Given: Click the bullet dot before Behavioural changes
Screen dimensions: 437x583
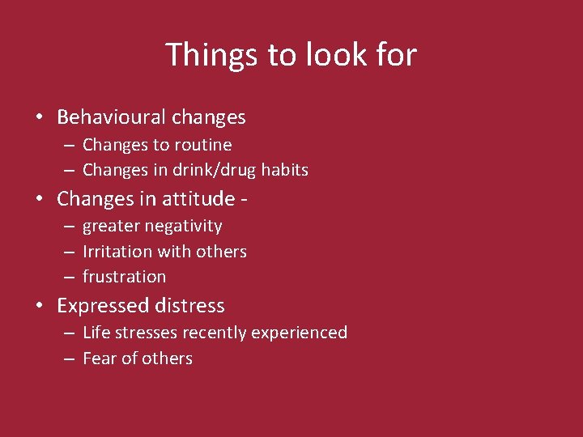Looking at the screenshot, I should coord(39,117).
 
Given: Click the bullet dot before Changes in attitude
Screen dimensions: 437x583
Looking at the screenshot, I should coord(39,198).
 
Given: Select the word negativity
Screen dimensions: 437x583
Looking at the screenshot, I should coord(184,227).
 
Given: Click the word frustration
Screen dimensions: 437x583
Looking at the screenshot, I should coord(124,277).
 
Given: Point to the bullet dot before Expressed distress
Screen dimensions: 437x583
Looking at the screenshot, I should coord(39,306).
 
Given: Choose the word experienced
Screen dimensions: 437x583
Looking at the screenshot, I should coord(302,333).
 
